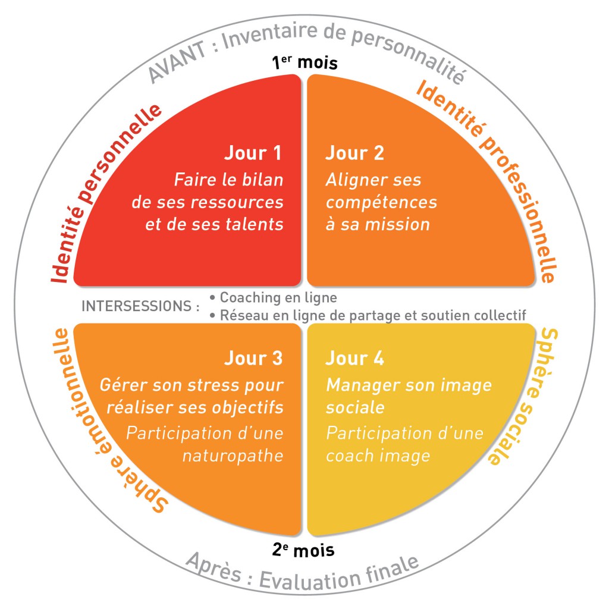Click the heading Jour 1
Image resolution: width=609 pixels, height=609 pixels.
[253, 153]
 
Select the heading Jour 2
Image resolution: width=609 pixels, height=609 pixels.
[354, 153]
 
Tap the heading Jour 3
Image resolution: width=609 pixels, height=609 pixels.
[253, 358]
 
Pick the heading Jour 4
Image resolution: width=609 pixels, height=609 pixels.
[354, 358]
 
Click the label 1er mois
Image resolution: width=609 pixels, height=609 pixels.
[304, 62]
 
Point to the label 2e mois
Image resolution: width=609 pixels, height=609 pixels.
[303, 550]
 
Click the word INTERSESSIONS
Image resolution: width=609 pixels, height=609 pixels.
[137, 306]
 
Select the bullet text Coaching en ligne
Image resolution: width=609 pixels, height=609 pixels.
[278, 297]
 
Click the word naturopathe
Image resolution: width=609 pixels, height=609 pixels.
[233, 456]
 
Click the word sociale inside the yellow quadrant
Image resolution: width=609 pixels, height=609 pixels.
[355, 408]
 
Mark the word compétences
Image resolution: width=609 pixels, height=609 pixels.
[381, 203]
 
